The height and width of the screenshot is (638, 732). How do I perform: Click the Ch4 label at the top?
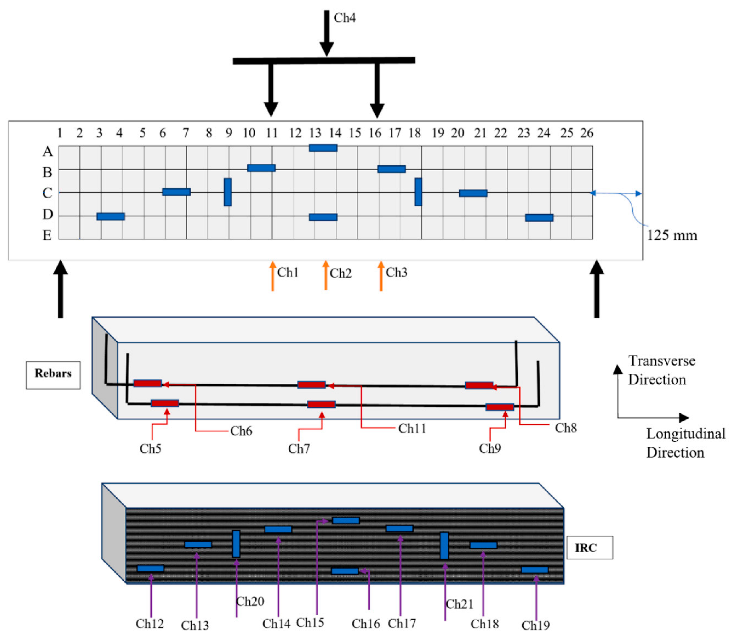tap(345, 18)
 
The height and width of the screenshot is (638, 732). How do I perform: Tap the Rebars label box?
tap(53, 375)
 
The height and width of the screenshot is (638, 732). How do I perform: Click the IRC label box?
tap(590, 548)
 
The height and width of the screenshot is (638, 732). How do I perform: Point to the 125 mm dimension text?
tap(672, 235)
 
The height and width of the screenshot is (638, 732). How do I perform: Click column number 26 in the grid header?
tap(587, 133)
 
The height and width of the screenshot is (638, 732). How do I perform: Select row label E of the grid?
tap(47, 235)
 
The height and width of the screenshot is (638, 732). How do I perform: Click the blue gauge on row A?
tap(323, 148)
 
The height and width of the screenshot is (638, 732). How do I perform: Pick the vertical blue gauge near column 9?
tap(228, 192)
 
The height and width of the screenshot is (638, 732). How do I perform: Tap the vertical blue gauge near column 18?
tap(418, 192)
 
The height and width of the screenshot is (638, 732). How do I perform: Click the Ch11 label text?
tap(412, 429)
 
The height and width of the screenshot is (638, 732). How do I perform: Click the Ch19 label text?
tap(535, 626)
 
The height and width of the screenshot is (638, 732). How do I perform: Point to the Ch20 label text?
tap(250, 602)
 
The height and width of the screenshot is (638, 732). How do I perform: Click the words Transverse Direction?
tap(661, 370)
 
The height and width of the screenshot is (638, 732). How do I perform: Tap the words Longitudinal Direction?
tap(686, 443)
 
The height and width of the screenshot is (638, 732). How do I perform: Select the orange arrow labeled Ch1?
tap(272, 276)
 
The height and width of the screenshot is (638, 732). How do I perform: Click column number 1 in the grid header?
tap(60, 133)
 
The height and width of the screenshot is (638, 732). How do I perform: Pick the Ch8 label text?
tap(566, 428)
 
